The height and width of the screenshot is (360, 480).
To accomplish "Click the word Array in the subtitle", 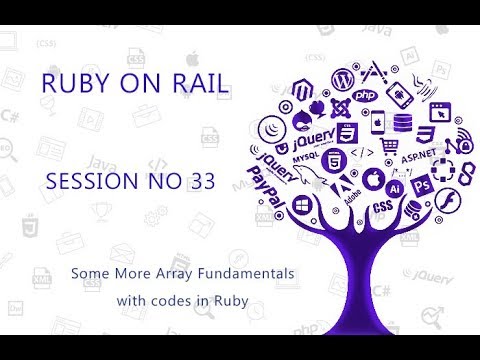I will [185, 272].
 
